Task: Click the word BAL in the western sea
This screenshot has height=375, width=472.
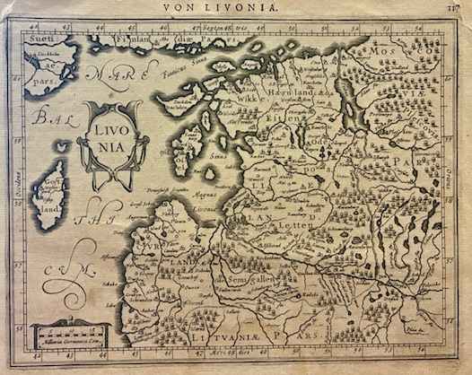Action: click(40, 116)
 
